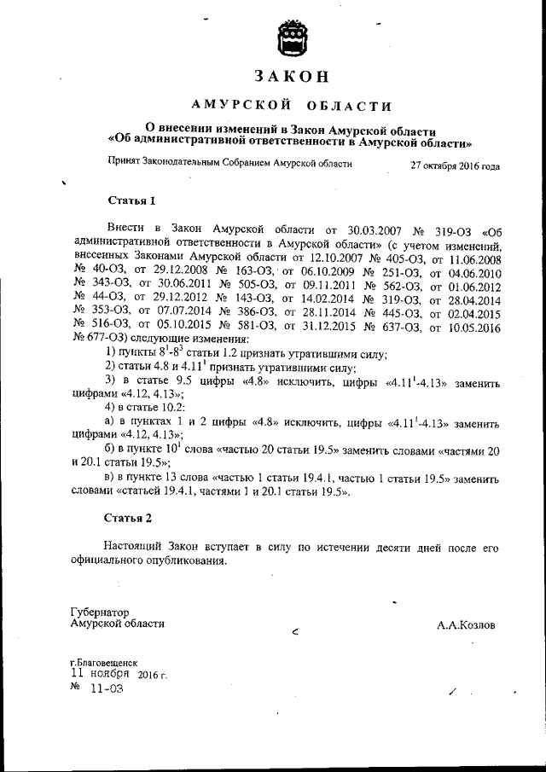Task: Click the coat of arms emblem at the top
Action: (x=289, y=40)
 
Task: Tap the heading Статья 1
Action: (x=131, y=202)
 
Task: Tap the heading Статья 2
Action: (x=128, y=518)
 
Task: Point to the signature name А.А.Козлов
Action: (x=466, y=625)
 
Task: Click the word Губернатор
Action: (x=99, y=612)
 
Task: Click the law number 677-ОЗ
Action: (x=97, y=315)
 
